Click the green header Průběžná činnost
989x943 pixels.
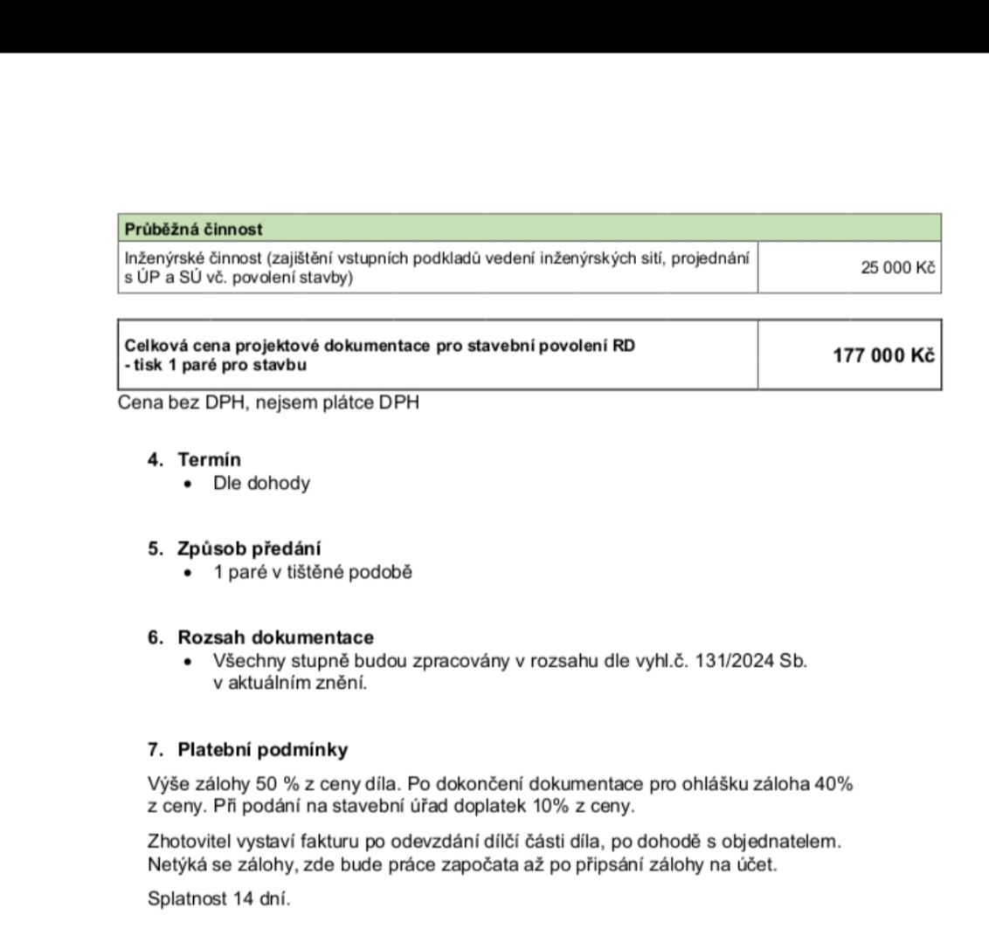[x=194, y=230]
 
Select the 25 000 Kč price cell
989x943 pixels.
[x=897, y=267]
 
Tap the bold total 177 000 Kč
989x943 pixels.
[x=884, y=354]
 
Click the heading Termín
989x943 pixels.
[x=210, y=459]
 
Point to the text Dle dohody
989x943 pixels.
[x=261, y=483]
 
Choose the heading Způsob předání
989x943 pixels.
[x=249, y=549]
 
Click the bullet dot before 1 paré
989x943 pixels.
[x=188, y=574]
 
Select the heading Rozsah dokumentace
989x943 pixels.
[x=276, y=638]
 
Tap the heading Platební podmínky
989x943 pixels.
[x=262, y=749]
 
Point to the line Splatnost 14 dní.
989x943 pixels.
[x=219, y=898]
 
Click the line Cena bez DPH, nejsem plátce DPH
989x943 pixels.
[x=268, y=403]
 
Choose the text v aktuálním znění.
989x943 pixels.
[x=290, y=683]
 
